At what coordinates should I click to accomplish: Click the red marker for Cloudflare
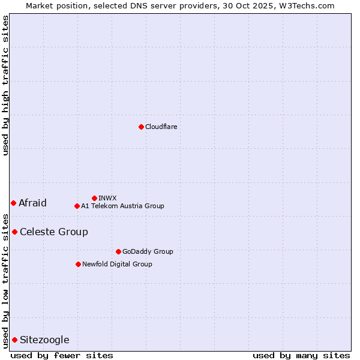141,127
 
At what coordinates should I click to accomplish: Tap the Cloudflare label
161,127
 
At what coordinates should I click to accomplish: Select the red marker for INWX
94,198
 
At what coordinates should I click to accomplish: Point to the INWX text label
107,198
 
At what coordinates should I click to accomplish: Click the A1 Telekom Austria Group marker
77,206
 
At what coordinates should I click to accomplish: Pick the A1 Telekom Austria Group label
122,206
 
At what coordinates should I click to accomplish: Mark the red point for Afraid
13,203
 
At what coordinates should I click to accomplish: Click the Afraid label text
32,203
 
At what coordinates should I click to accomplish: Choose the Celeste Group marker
14,232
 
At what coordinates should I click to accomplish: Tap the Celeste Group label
54,232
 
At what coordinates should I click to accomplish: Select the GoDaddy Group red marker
118,251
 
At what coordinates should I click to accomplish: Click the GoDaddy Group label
148,251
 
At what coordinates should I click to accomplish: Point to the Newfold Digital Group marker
78,264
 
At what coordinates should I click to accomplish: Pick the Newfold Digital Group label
117,264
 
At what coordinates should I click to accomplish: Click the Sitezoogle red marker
14,340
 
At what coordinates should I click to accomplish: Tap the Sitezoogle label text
44,340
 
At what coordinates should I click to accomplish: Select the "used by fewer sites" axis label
62,355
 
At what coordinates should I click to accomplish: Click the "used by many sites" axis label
301,355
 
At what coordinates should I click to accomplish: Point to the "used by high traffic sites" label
5,85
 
